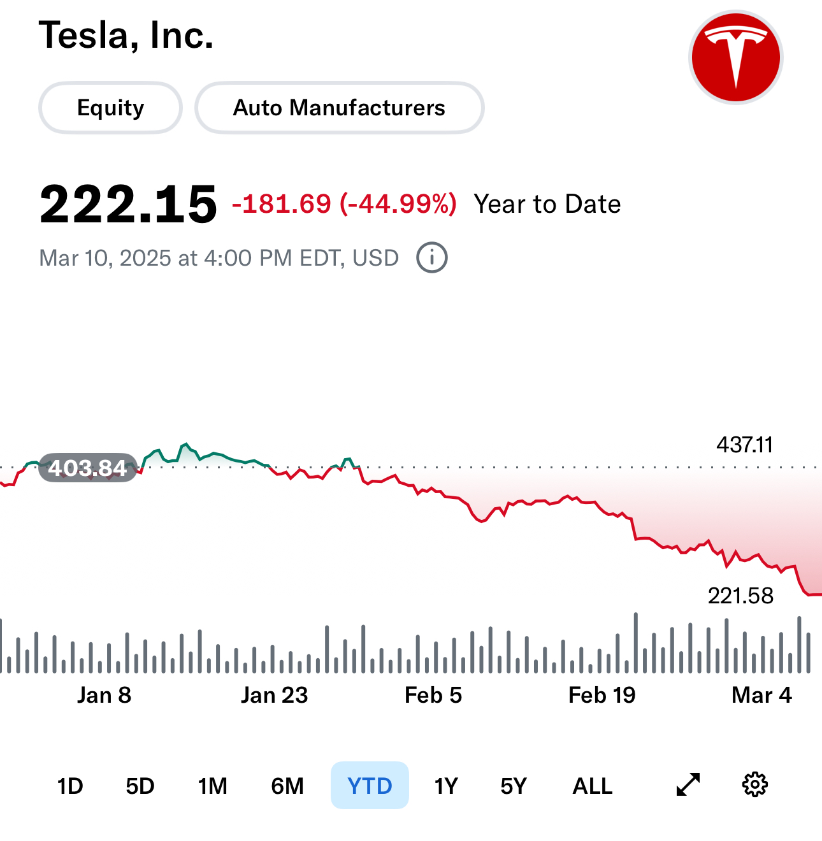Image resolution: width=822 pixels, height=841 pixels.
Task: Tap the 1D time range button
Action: [x=70, y=786]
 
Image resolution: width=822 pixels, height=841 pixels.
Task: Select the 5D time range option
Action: [x=140, y=786]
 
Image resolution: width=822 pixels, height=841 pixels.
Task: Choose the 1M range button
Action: [x=212, y=786]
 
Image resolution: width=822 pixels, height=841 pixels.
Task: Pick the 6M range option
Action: [x=287, y=786]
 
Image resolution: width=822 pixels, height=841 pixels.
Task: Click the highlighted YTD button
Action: [x=370, y=786]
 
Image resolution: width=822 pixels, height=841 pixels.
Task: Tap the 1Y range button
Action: [x=446, y=786]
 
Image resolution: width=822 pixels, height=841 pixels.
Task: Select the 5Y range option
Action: [x=514, y=786]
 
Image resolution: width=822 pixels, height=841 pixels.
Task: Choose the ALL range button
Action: [x=593, y=786]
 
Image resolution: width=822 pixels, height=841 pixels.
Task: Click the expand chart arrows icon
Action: [x=688, y=784]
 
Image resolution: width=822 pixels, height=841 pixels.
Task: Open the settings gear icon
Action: [x=755, y=784]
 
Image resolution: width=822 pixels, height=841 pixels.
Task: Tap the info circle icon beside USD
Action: [x=432, y=257]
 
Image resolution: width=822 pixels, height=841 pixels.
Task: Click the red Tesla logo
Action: [x=736, y=57]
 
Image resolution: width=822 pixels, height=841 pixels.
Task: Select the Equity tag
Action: [x=110, y=108]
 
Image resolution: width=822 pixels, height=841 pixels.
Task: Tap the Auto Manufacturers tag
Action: [x=339, y=108]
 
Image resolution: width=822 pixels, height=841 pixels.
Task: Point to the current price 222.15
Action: [x=128, y=205]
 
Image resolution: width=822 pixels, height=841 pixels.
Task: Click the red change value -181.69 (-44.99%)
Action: [x=344, y=204]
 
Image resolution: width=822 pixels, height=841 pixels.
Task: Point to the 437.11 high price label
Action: [x=744, y=444]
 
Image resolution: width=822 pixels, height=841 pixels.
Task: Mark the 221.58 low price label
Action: [x=740, y=596]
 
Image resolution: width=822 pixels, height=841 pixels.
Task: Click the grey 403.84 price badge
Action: [x=88, y=468]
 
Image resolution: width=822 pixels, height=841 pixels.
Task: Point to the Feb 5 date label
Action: [x=433, y=695]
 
